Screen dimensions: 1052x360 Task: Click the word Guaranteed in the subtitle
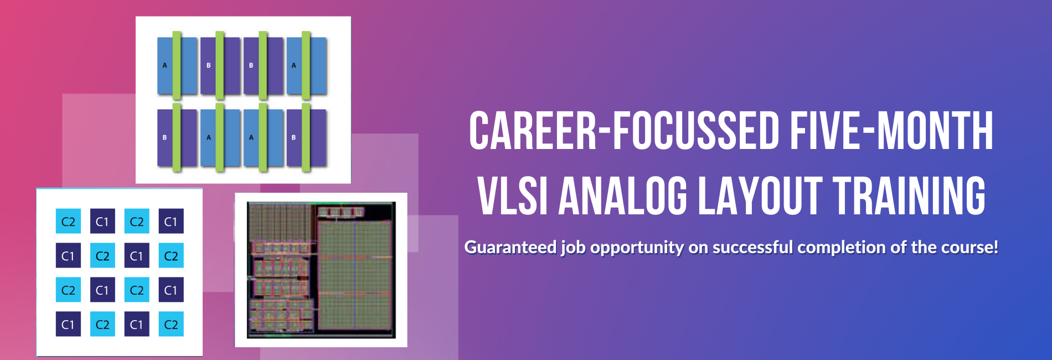click(x=510, y=247)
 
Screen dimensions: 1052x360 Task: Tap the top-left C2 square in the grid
click(x=68, y=222)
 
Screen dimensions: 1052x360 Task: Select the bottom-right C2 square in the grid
click(x=171, y=324)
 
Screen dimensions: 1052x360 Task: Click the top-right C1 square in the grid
click(x=171, y=222)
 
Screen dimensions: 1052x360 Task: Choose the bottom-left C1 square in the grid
click(x=68, y=324)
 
